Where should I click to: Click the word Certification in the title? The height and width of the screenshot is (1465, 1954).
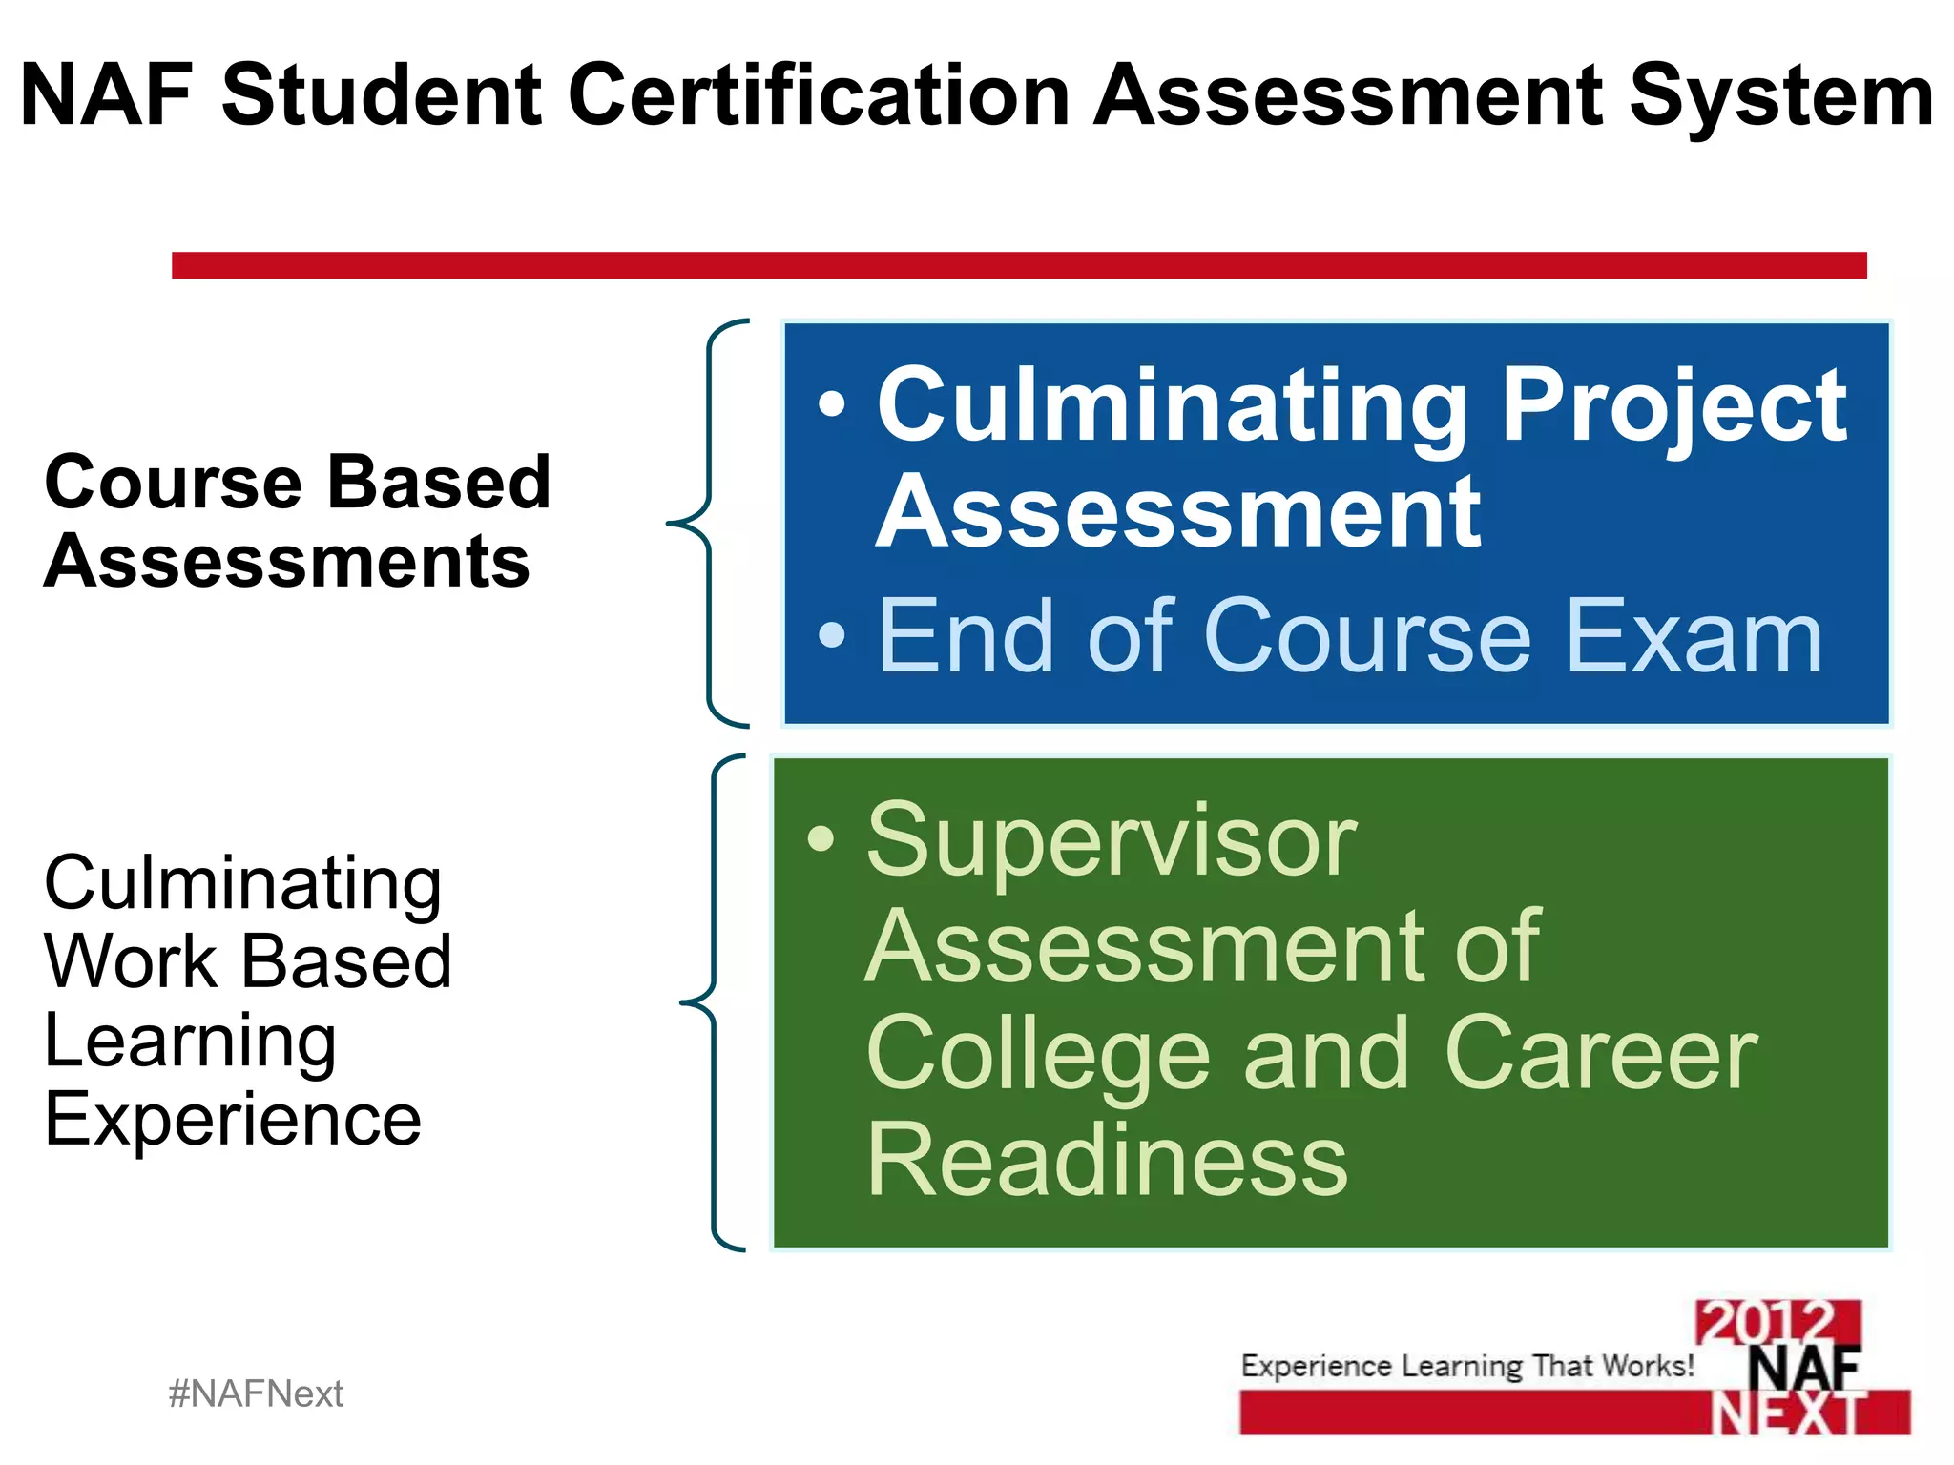pos(820,95)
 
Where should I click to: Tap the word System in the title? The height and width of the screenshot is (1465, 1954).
pos(1780,95)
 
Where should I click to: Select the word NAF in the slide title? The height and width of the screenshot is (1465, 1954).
pos(107,95)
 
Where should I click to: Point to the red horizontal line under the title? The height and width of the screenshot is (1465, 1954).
pos(1018,265)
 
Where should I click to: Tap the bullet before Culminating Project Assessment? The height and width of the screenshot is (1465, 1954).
pos(832,404)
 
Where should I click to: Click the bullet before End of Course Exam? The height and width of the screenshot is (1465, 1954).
pos(832,634)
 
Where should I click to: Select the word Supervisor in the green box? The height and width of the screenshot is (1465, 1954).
pos(1112,841)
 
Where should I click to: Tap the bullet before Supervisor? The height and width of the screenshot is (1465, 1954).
pos(821,839)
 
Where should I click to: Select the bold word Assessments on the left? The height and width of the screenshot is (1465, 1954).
pos(287,562)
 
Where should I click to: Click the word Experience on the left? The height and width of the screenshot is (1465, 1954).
pos(233,1120)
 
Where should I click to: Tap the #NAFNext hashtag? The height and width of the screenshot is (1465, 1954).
pos(256,1394)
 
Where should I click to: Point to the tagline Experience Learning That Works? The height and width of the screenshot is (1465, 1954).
pos(1466,1366)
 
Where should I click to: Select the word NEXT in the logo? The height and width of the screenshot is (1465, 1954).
pos(1786,1413)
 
